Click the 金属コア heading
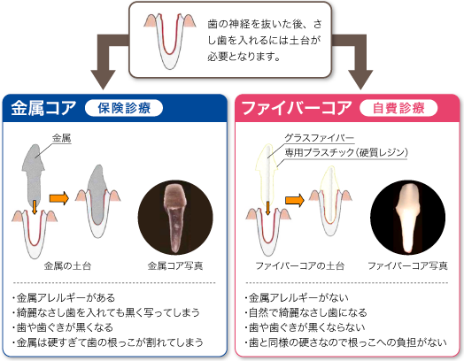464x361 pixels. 43,108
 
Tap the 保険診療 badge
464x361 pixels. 124,108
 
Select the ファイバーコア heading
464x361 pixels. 297,108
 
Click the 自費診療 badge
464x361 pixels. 398,108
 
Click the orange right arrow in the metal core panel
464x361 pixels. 59,198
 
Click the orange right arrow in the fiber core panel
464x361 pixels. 295,201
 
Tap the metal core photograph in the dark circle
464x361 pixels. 175,218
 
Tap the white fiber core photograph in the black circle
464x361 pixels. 408,218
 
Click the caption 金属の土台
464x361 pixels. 67,265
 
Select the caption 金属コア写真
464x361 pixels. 175,265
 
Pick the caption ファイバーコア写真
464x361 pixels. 408,265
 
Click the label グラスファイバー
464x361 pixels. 320,138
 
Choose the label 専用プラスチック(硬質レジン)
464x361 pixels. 346,152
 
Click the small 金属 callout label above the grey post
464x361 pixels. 62,138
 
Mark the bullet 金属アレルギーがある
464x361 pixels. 64,297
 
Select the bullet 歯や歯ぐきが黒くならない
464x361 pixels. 305,327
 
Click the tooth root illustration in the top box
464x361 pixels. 170,41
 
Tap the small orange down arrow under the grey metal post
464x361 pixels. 35,207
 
